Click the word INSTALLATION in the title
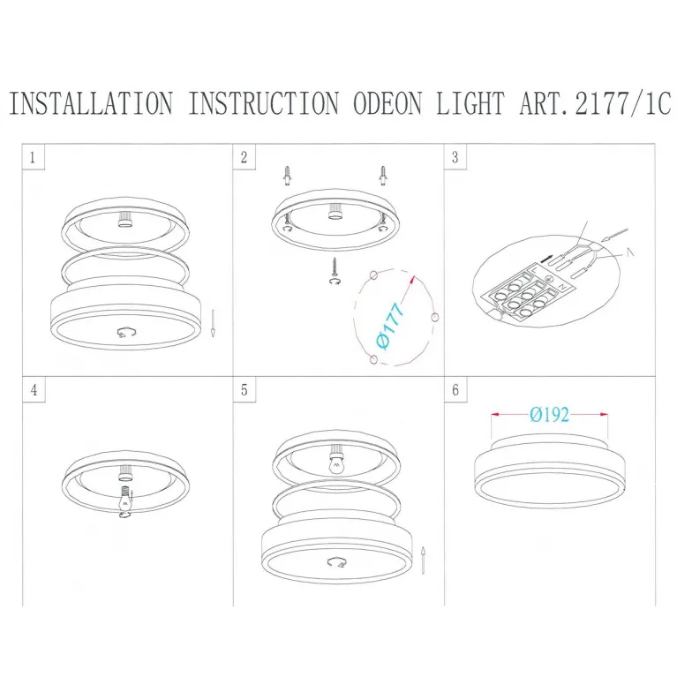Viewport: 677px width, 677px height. click(91, 103)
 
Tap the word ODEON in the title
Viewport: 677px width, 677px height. click(387, 103)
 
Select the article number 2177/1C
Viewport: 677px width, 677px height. click(622, 103)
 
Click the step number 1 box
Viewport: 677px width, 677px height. click(34, 158)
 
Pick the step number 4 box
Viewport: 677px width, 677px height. click(34, 390)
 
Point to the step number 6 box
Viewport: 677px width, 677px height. click(455, 390)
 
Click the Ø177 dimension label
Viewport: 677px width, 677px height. click(390, 325)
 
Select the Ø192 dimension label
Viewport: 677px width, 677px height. click(550, 415)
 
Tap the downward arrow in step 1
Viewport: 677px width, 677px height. click(213, 323)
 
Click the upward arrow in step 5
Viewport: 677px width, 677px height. click(424, 560)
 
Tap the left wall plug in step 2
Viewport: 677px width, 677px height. click(287, 176)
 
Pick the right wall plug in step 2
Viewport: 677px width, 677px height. click(382, 176)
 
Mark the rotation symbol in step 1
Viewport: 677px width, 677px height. click(127, 333)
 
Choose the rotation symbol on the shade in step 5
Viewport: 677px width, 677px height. click(338, 562)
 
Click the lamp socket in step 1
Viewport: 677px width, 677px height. click(124, 219)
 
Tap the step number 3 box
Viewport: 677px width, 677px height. click(455, 158)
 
